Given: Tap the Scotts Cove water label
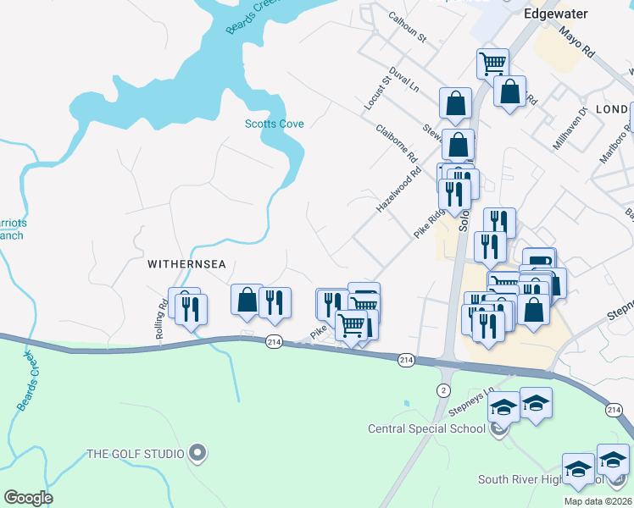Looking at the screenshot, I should point(274,124).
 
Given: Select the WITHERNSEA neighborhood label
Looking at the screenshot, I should point(186,264).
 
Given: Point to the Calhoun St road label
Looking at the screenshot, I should point(407,27).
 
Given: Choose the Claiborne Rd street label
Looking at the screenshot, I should point(396,143).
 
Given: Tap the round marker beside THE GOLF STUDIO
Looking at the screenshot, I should point(197,454).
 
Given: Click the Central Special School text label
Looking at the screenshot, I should point(425,428).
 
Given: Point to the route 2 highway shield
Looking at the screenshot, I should point(442,389).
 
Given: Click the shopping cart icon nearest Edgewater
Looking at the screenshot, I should point(492,63).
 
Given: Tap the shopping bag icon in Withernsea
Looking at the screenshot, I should point(247,300).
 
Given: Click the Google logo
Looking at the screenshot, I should point(28,498).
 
